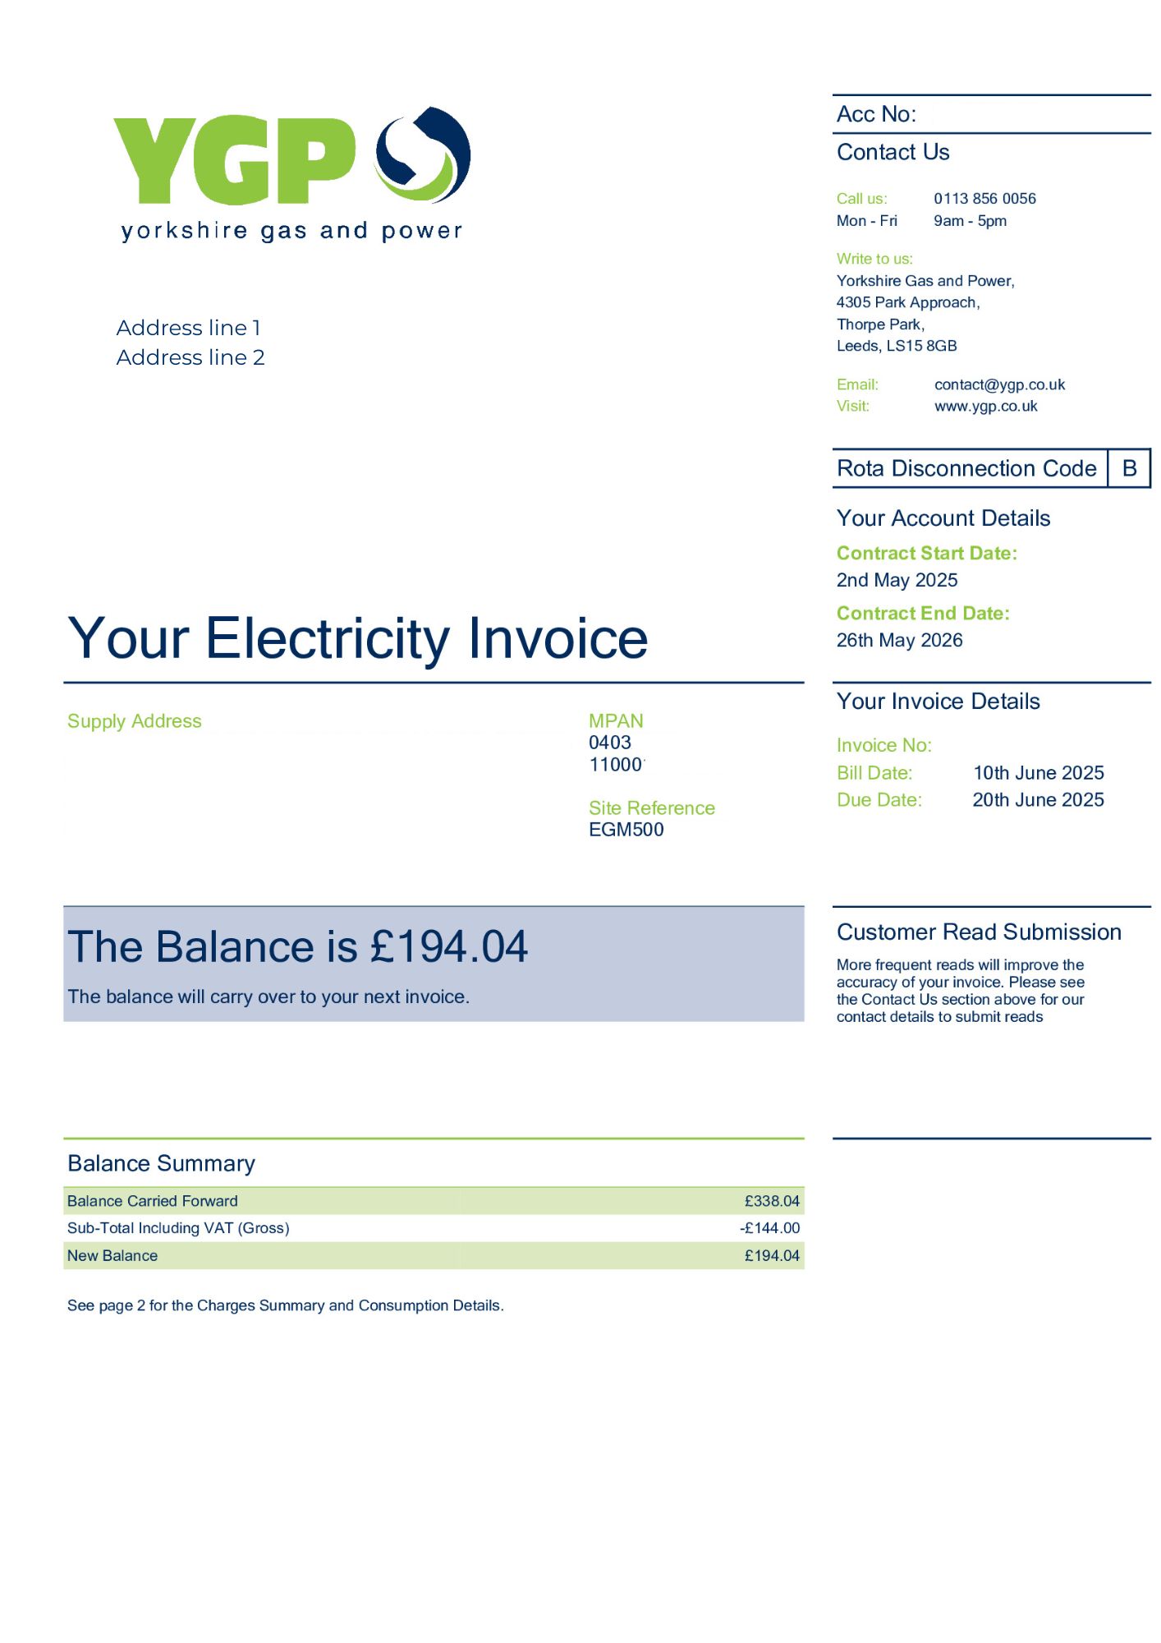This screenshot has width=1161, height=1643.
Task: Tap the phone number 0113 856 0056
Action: [984, 199]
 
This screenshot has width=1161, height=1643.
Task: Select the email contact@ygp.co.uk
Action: [998, 384]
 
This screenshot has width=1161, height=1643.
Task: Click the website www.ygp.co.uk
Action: [985, 407]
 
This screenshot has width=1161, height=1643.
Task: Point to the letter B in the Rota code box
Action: [1129, 468]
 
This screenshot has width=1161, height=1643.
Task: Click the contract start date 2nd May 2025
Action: [897, 580]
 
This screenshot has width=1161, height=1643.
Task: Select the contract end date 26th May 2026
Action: [899, 640]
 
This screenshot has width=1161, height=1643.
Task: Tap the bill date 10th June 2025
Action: [1038, 773]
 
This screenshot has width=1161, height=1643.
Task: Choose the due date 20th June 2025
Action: [1038, 800]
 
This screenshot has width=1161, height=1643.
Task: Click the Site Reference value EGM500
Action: [626, 830]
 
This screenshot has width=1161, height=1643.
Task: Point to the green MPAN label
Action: [615, 721]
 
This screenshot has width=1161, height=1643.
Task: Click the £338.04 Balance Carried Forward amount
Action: [771, 1201]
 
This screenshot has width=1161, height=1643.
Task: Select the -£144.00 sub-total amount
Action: [769, 1228]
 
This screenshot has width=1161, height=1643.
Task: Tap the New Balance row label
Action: [112, 1255]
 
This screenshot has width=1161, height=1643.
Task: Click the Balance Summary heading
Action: [161, 1163]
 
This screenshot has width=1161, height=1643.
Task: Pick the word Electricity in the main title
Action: [328, 638]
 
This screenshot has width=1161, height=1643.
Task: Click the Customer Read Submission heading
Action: [979, 932]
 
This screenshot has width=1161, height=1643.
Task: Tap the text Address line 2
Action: [190, 357]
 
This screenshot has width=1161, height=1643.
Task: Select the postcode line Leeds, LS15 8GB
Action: [896, 346]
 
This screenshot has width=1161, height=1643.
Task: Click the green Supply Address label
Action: [134, 721]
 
